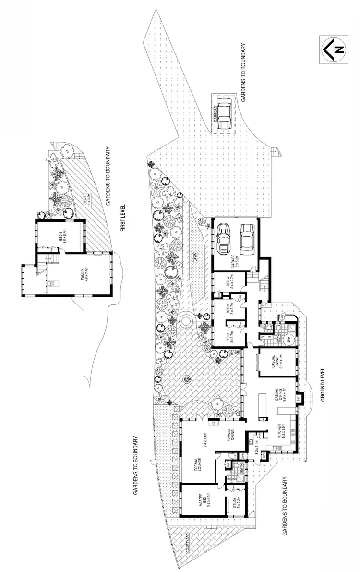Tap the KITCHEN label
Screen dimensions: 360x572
283,432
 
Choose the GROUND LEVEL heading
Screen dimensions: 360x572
323,385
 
